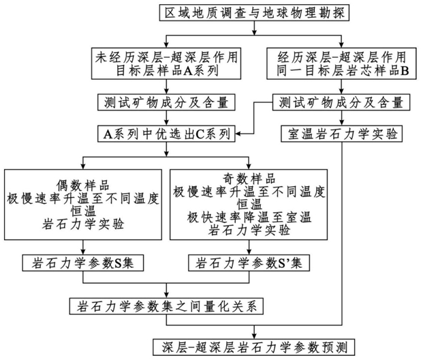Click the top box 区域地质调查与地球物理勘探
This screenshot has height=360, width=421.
[253, 13]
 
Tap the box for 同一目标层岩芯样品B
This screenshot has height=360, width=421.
[338, 62]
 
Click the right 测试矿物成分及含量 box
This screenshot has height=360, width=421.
[341, 103]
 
